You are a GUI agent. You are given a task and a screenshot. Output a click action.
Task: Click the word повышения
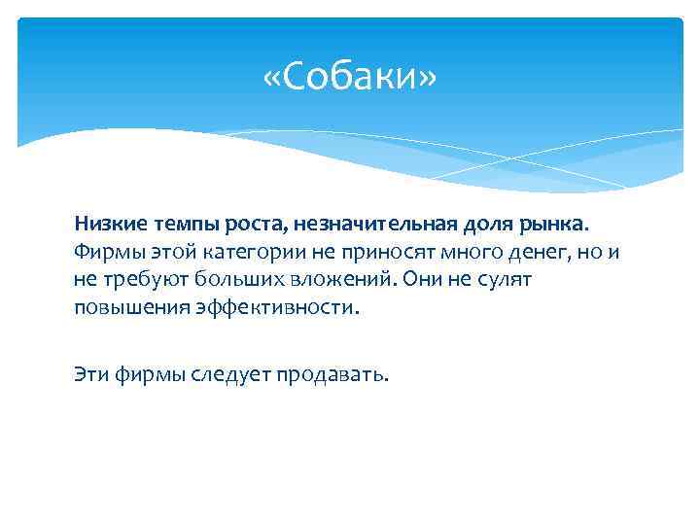coord(124,309)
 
